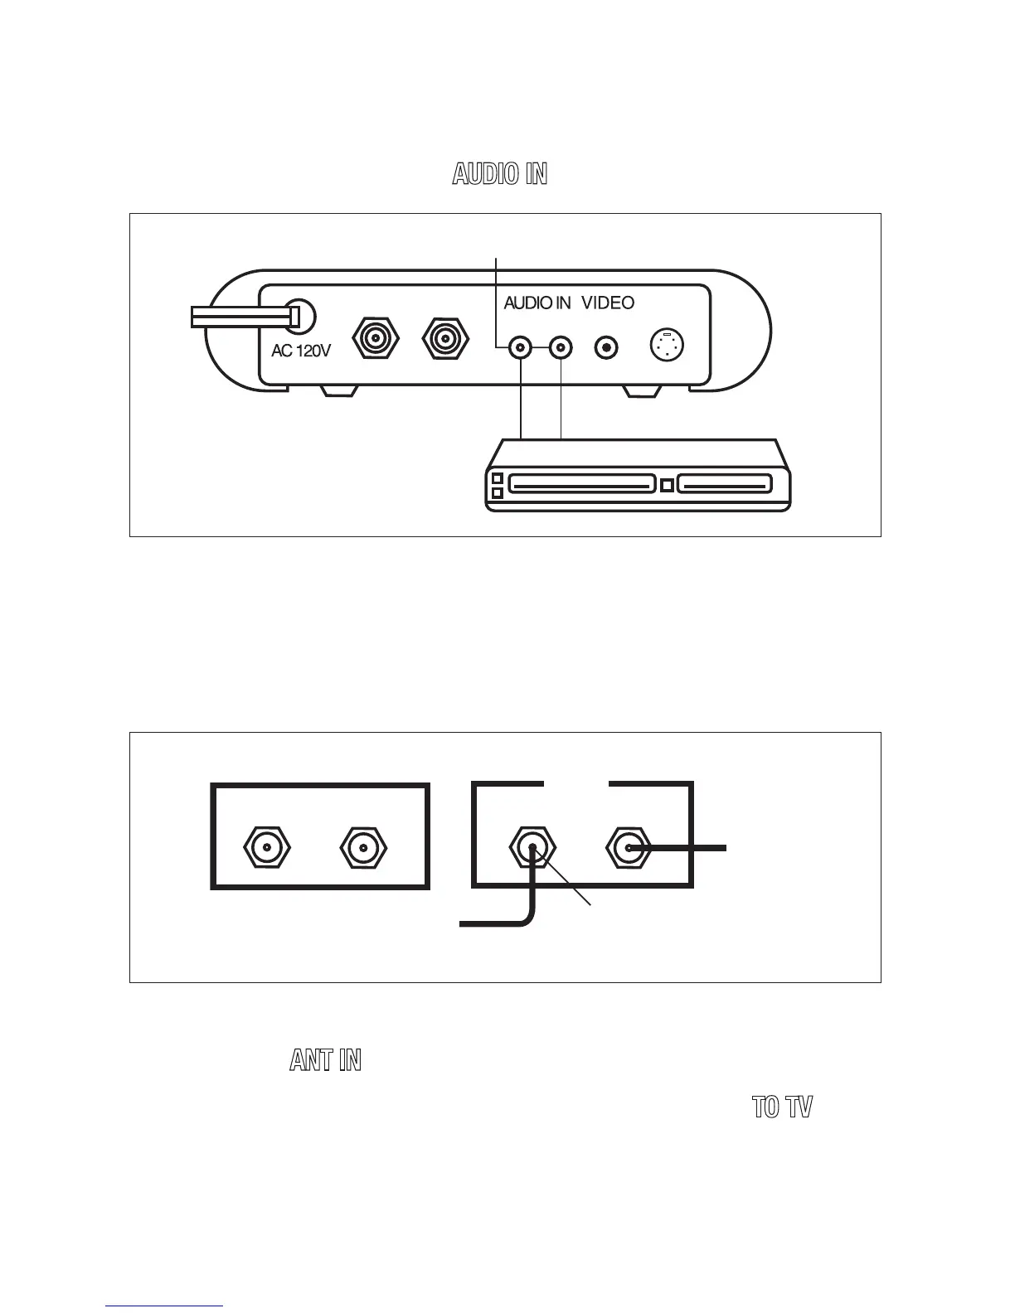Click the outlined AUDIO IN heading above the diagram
pos(499,174)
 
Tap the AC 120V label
pos(301,351)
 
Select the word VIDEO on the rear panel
pos(608,303)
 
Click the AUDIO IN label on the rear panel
pos(537,303)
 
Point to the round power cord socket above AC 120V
pos(300,317)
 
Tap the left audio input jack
pos(521,348)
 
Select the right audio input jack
pos(561,348)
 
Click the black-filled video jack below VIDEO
pos(608,348)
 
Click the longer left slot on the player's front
pos(581,483)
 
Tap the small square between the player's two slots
pos(666,483)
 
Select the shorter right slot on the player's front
pos(725,483)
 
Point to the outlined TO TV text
pos(782,1107)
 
